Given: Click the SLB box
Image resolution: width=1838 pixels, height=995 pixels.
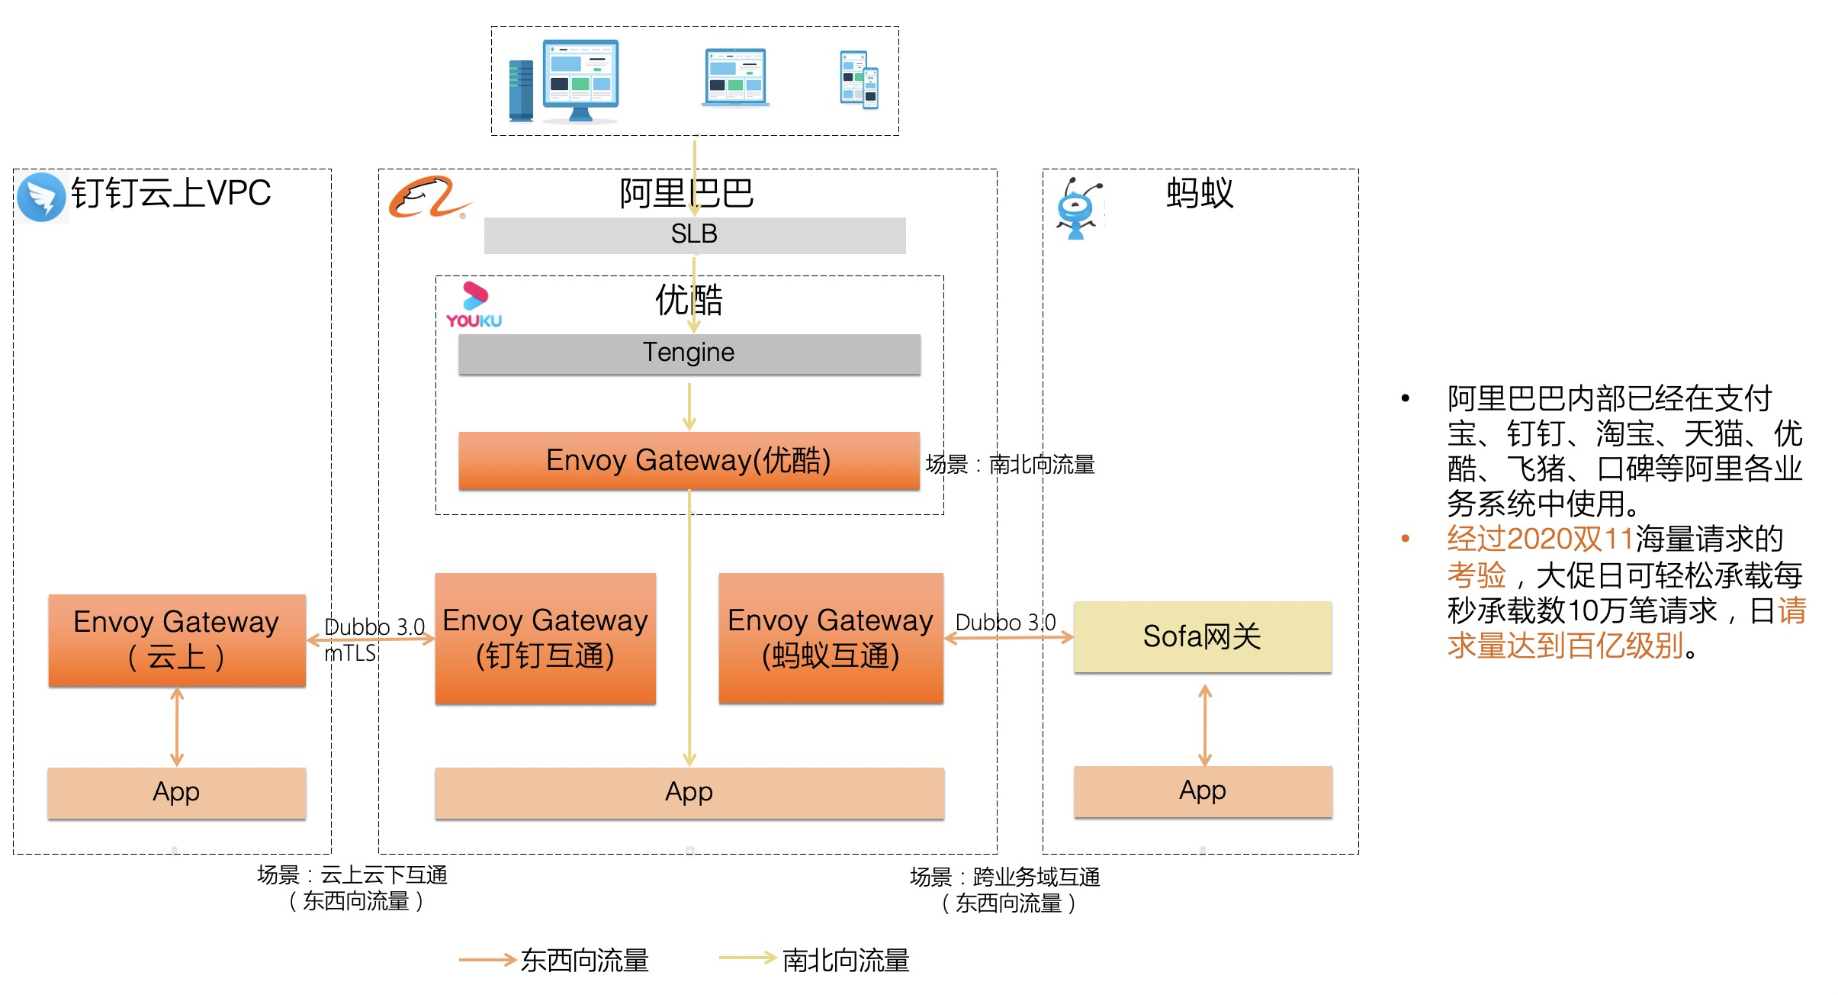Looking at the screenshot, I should [694, 235].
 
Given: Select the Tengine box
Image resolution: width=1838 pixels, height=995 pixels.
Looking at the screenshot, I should [689, 353].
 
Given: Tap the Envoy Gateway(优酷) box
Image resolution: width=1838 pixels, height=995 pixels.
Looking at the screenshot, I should [689, 460].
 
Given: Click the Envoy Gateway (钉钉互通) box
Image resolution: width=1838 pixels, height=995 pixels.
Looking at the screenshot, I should [545, 638].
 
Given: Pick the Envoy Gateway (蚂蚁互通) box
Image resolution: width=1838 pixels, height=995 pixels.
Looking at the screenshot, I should [831, 638].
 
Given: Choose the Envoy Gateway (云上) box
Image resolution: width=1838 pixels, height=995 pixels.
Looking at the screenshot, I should [177, 639].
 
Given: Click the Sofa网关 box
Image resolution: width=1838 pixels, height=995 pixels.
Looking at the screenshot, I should [1202, 636].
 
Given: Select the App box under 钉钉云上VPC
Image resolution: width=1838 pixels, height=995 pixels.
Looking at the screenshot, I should [177, 793].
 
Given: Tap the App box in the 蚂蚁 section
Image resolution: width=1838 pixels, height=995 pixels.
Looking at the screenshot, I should [1203, 791].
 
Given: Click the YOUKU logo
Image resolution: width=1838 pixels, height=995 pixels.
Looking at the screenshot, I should [474, 305].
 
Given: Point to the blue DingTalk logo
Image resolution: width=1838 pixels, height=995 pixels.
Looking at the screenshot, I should [41, 197].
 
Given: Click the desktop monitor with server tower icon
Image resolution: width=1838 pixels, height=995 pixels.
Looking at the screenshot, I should [565, 81].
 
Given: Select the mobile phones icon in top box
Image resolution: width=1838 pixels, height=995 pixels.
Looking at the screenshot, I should [860, 79].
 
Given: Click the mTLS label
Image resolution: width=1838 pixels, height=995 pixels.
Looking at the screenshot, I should [350, 654].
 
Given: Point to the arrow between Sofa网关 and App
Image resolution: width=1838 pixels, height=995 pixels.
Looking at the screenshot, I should [1204, 725].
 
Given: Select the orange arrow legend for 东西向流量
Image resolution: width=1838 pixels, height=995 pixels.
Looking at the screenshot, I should [487, 960].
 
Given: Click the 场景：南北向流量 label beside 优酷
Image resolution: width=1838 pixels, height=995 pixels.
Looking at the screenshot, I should [1010, 464].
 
